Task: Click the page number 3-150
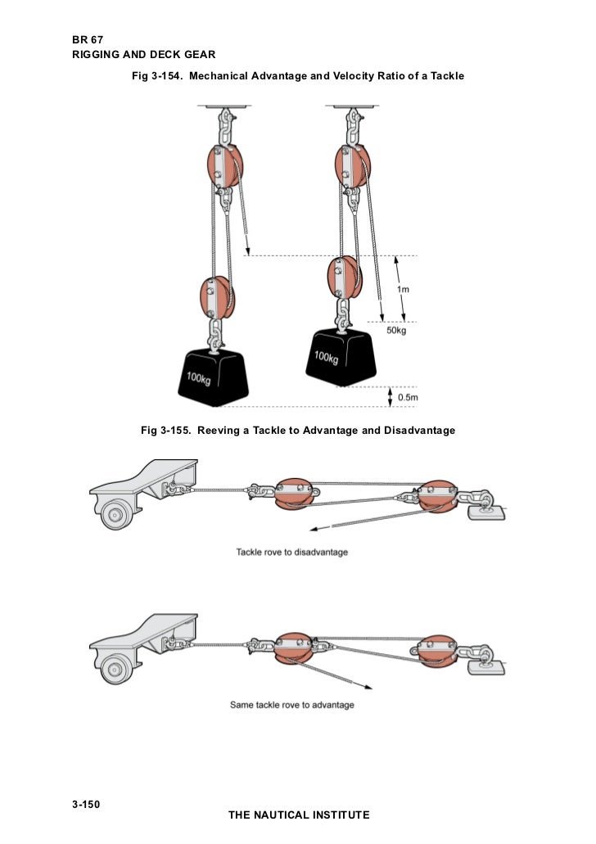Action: point(86,805)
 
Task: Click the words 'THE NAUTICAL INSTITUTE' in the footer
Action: point(299,815)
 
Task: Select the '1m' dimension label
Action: point(404,289)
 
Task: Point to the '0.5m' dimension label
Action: point(408,397)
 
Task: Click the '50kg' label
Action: point(397,330)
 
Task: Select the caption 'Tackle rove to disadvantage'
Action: point(291,552)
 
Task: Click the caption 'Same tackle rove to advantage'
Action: point(291,705)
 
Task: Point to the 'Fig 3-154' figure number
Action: point(159,76)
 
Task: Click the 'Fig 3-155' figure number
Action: point(168,430)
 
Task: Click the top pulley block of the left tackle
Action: point(220,165)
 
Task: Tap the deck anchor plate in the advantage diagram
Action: point(484,666)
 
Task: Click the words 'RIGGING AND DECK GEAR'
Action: point(143,55)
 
